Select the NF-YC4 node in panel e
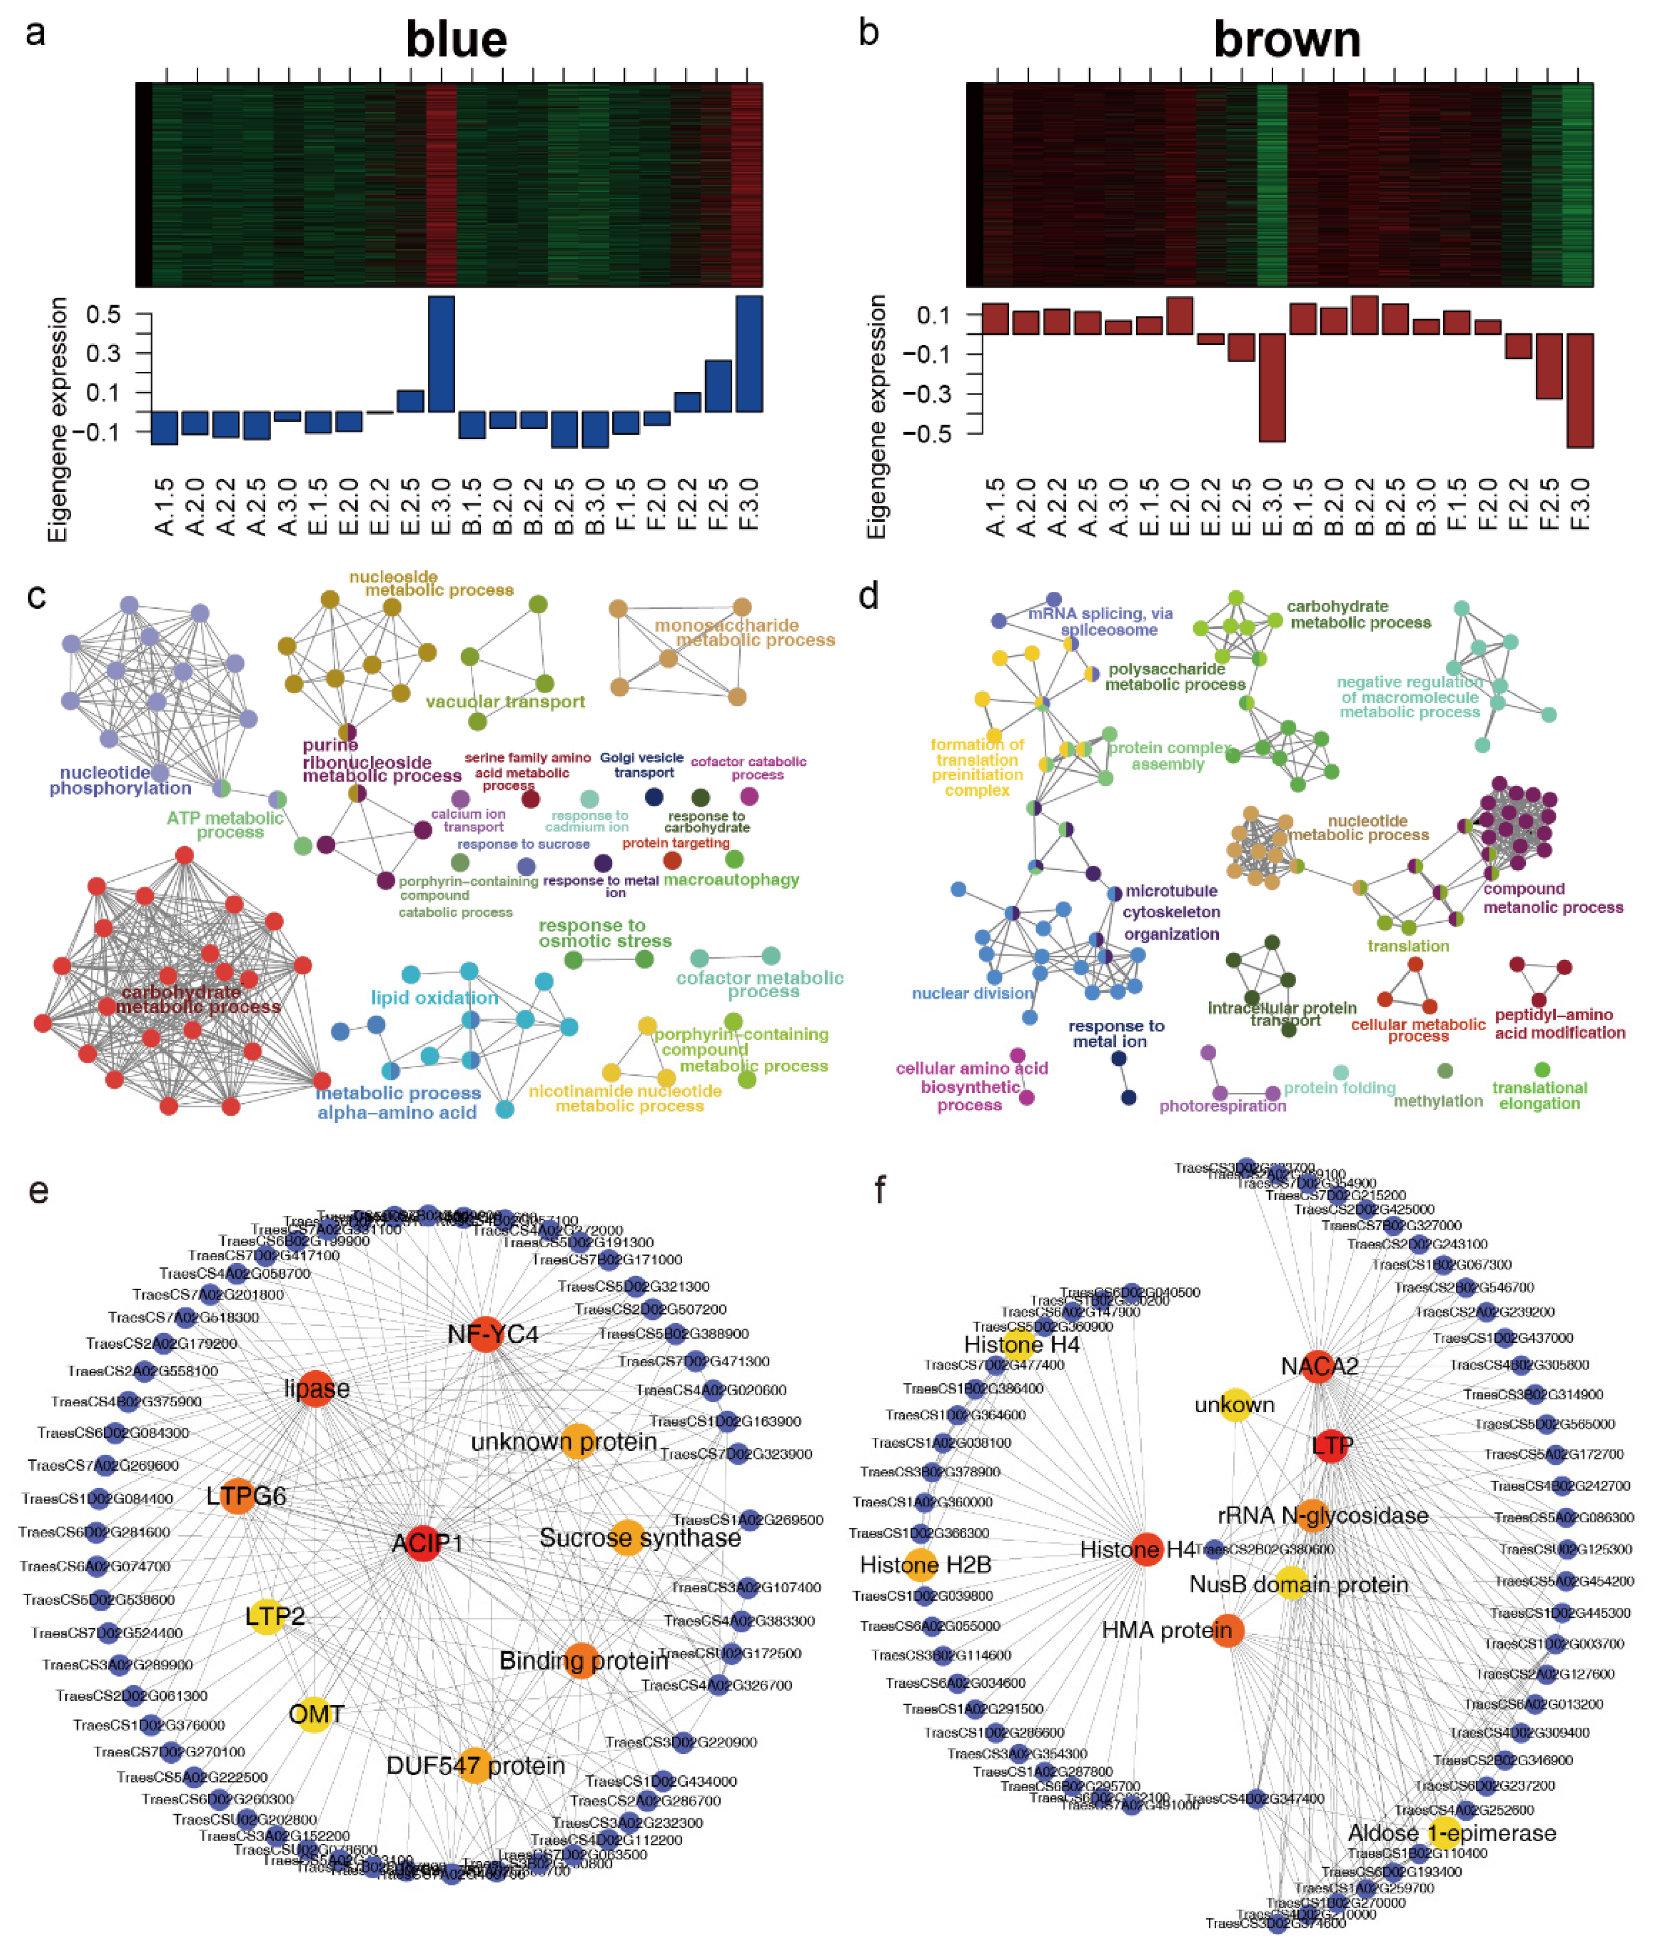click(485, 1334)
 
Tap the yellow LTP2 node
click(267, 1616)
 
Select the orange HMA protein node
click(1227, 1630)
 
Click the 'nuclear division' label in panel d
click(972, 993)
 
